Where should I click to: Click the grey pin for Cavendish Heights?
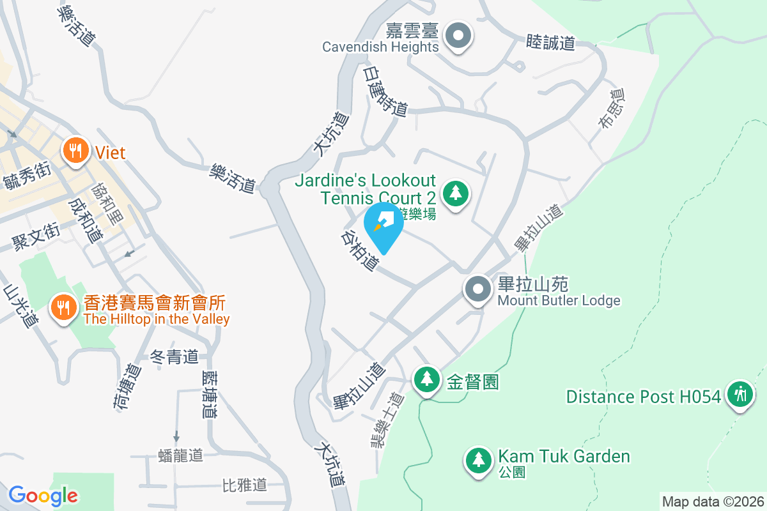458,36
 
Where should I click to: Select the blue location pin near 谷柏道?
383,225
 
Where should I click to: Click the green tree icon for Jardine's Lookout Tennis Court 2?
455,191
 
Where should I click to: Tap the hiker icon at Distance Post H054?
741,394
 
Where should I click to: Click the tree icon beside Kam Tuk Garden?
477,459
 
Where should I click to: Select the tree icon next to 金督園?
426,379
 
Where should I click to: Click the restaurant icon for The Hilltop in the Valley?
63,309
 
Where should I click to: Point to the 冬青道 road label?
174,357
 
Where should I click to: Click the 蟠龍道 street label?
180,455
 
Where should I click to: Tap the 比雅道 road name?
244,485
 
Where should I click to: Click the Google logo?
43,495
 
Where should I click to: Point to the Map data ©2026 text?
713,501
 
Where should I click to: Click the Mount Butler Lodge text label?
559,300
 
